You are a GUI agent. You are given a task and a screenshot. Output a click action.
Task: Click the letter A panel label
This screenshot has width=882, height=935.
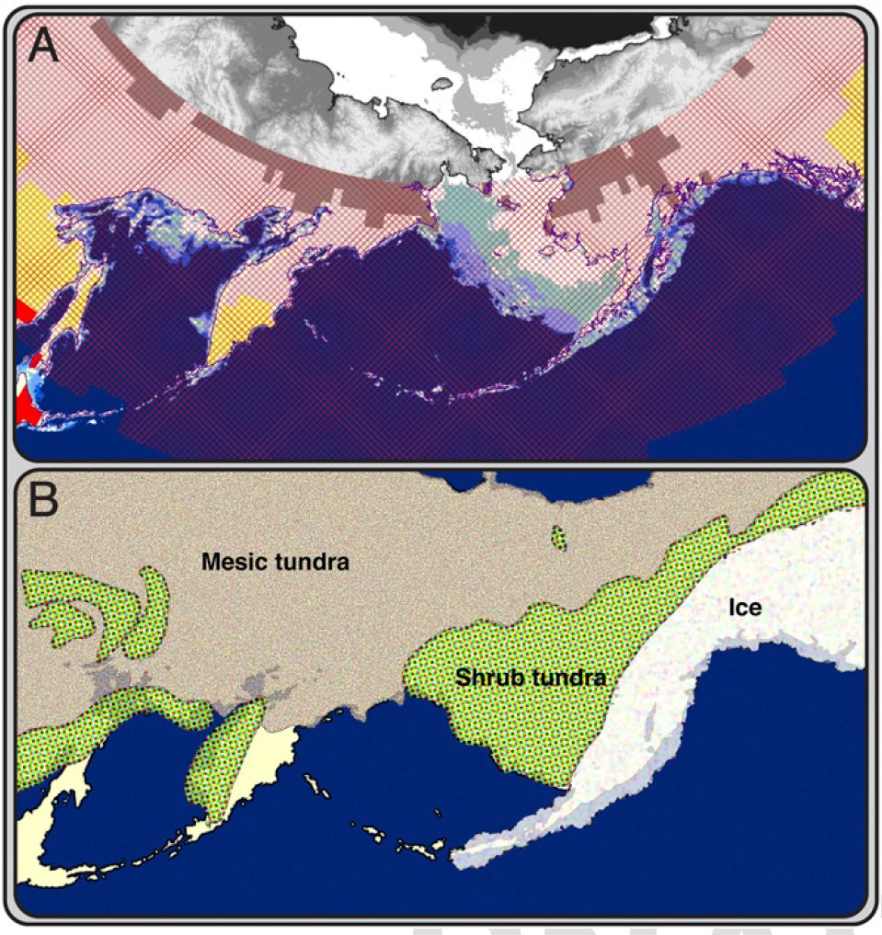(x=43, y=45)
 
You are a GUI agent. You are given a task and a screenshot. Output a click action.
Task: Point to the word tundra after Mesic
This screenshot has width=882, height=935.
(x=313, y=561)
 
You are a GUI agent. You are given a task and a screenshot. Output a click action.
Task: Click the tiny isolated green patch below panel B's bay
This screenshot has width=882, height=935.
(x=557, y=538)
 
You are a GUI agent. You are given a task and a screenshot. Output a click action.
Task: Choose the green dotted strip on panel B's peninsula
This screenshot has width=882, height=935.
(x=225, y=754)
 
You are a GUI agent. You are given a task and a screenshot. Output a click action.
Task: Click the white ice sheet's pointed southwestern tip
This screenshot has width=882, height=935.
(x=457, y=859)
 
